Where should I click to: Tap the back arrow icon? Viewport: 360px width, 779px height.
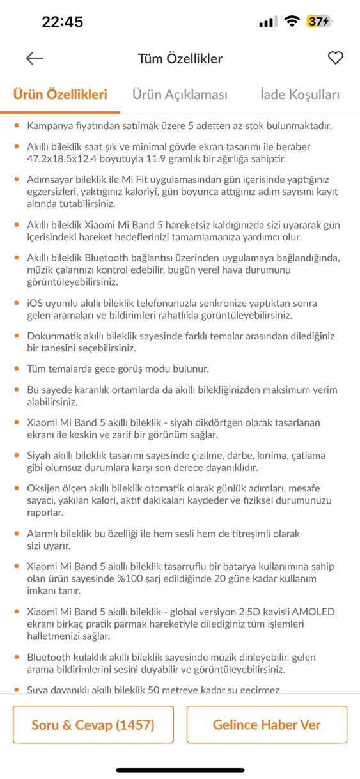[35, 59]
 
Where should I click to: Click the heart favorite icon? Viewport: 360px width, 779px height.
[336, 58]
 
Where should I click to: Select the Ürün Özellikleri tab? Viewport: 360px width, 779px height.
[60, 95]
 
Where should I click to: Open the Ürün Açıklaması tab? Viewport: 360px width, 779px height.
[180, 95]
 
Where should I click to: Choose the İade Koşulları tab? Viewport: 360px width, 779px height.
[300, 95]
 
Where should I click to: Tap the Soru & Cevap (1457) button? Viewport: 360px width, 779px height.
[93, 725]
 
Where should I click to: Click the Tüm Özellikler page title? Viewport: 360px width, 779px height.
[180, 59]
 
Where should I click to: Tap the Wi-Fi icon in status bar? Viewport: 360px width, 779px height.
[292, 22]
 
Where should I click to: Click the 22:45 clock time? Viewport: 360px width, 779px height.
[63, 22]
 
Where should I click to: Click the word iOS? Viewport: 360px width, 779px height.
[36, 303]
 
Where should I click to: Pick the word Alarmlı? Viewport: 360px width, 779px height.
[45, 533]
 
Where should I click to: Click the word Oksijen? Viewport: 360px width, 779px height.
[45, 488]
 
